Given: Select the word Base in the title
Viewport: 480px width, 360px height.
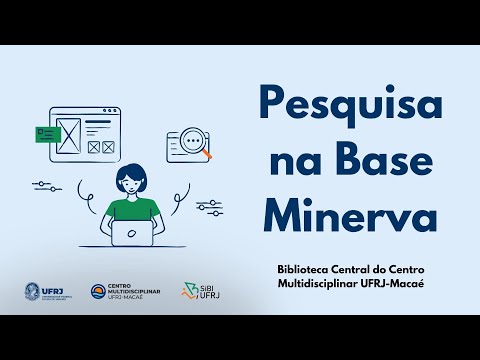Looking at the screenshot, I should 388,158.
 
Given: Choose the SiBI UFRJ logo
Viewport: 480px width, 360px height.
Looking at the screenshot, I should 196,291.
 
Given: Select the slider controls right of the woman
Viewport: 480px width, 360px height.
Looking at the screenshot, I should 209,206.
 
